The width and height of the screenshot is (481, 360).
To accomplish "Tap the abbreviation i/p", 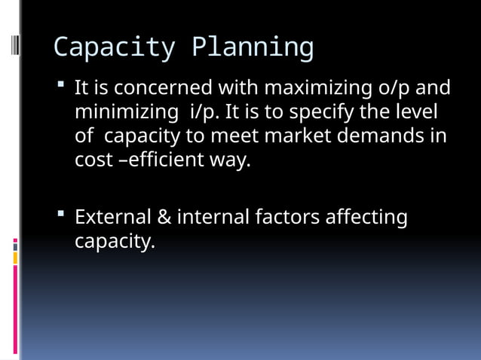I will pyautogui.click(x=204, y=112).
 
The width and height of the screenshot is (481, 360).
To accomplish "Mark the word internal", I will pyautogui.click(x=213, y=218).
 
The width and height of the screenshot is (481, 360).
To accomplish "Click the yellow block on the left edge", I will pyautogui.click(x=15, y=258).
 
